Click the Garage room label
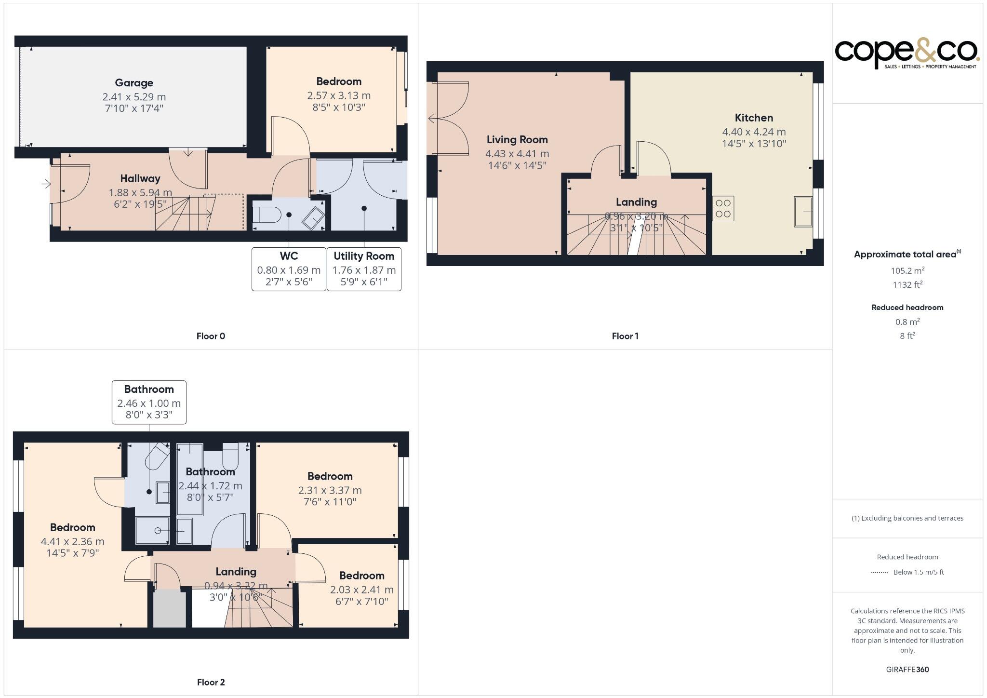(134, 83)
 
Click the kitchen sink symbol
(802, 211)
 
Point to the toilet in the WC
(267, 215)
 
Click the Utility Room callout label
(364, 256)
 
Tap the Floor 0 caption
(211, 336)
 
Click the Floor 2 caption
(211, 683)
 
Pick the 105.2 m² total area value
(907, 271)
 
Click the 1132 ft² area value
(907, 285)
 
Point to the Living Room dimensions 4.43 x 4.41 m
(517, 154)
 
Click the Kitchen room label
(754, 118)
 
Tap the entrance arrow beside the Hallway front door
(46, 184)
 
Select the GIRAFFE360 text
(907, 670)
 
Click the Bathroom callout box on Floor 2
(149, 403)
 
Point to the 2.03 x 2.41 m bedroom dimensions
(361, 590)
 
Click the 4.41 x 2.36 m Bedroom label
(73, 528)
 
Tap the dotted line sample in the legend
(880, 573)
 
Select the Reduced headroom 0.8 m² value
(907, 322)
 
